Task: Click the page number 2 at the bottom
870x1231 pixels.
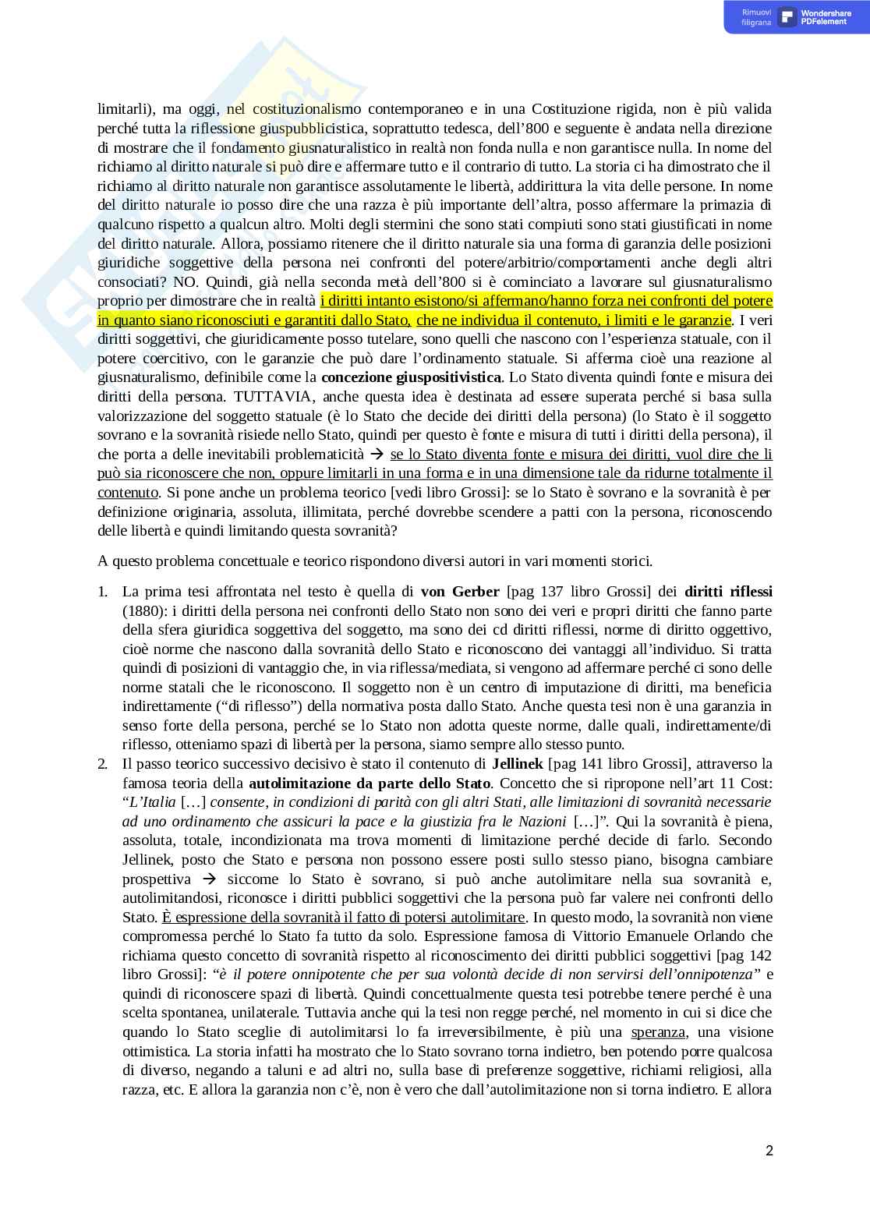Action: [x=769, y=1151]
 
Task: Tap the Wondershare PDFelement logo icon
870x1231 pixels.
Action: [x=787, y=17]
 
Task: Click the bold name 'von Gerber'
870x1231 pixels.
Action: [x=460, y=591]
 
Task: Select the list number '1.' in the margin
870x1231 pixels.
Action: [x=103, y=591]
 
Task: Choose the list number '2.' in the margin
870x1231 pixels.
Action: [x=103, y=762]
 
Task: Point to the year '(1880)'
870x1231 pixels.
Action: [x=140, y=610]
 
